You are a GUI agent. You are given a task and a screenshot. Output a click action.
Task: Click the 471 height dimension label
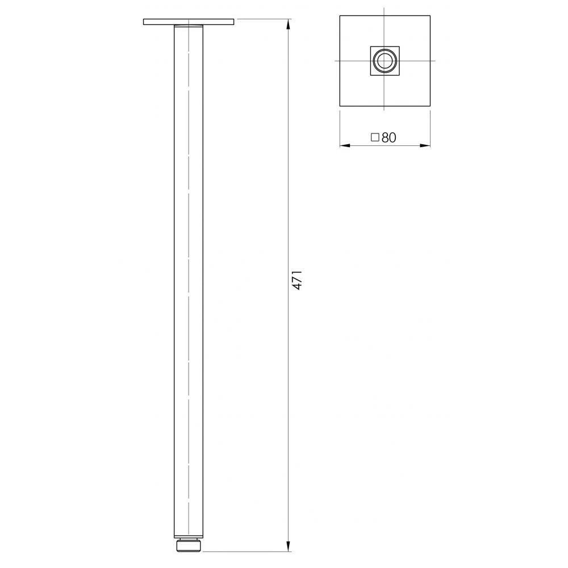click(298, 279)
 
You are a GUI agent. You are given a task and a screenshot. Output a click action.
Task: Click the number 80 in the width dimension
click(389, 137)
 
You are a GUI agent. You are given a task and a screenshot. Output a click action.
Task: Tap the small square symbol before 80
click(375, 137)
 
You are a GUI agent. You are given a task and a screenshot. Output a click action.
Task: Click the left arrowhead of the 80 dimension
click(345, 145)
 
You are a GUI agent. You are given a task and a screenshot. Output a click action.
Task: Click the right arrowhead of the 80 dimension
click(425, 145)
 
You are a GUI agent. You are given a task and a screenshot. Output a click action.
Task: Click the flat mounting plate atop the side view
click(189, 22)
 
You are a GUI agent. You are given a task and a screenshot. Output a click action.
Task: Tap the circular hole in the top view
click(385, 61)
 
